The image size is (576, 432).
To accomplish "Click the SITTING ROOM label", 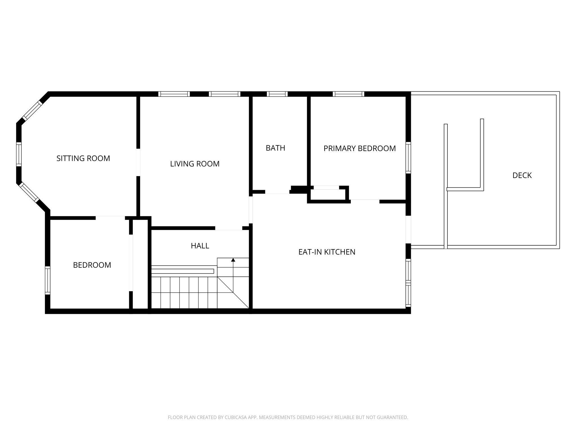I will (83, 158).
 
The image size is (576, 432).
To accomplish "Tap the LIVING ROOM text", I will (195, 164).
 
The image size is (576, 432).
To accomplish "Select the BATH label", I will (275, 148).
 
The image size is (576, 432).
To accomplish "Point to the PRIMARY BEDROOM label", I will (359, 148).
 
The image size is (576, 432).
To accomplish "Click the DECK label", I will (522, 175).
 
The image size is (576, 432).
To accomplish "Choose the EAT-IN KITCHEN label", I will (327, 252).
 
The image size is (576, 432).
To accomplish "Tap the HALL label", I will (200, 246).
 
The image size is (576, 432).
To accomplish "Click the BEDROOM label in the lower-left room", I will (92, 265).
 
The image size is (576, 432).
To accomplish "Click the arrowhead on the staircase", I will (233, 260).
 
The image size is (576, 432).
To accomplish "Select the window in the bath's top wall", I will (277, 94).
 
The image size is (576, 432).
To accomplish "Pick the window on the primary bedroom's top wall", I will (348, 94).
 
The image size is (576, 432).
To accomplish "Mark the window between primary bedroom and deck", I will (408, 157).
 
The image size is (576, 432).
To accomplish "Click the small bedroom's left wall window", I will (48, 280).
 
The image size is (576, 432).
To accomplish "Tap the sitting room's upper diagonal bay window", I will (32, 111).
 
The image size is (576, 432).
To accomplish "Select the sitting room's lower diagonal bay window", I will (29, 192).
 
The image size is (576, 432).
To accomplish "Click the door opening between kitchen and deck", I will (408, 229).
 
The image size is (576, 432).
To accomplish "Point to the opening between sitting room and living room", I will (138, 162).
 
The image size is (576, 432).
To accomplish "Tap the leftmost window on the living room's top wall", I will (174, 94).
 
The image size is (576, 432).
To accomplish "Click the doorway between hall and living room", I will (228, 228).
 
